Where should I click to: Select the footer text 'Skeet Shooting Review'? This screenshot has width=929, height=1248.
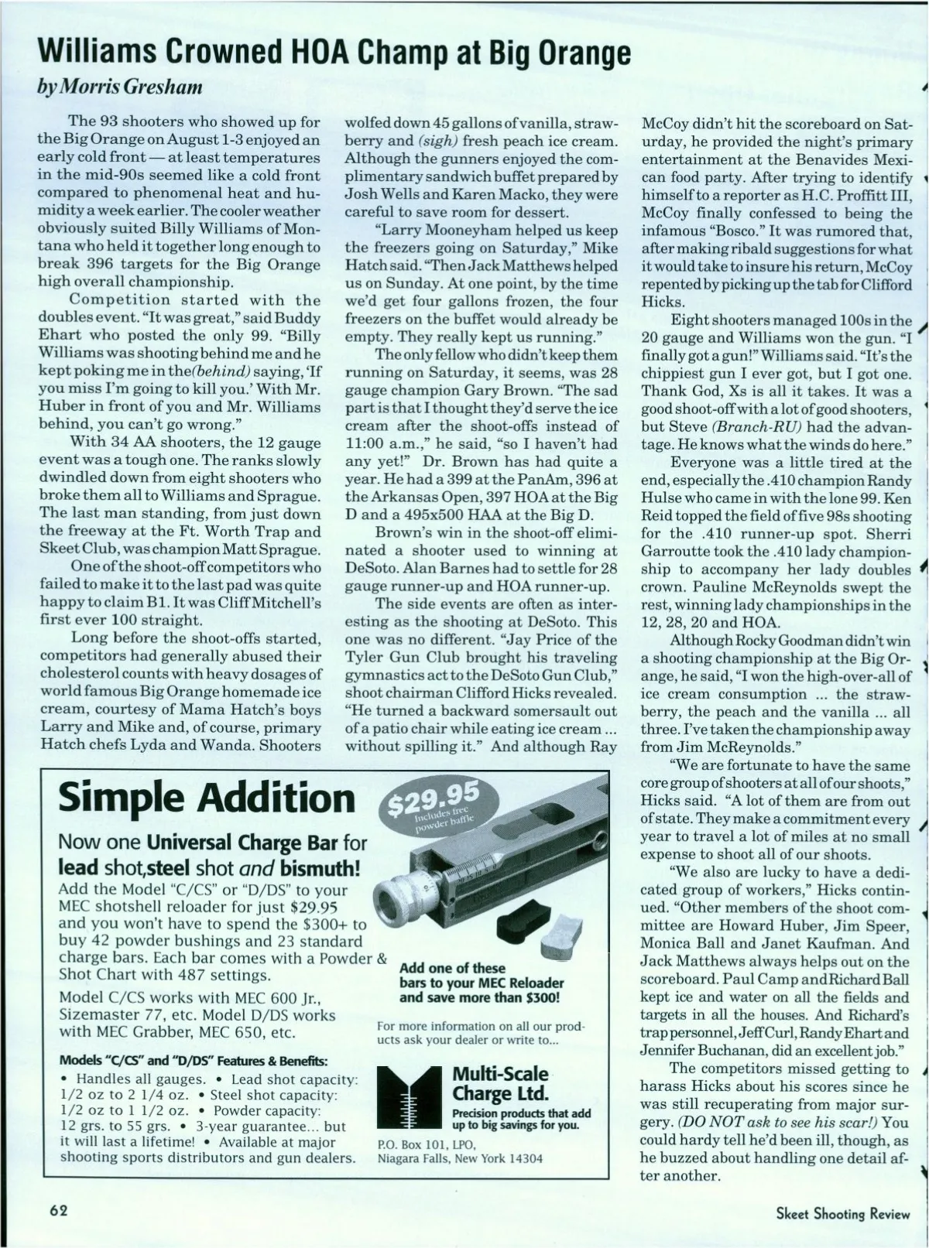click(843, 1213)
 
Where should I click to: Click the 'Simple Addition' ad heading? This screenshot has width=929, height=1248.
click(207, 797)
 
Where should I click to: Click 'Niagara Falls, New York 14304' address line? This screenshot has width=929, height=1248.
click(460, 1158)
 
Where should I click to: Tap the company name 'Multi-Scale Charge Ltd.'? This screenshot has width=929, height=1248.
click(500, 1083)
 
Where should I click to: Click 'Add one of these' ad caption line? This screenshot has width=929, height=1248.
click(452, 968)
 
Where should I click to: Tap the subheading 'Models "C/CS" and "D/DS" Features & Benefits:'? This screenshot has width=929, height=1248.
click(194, 1059)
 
